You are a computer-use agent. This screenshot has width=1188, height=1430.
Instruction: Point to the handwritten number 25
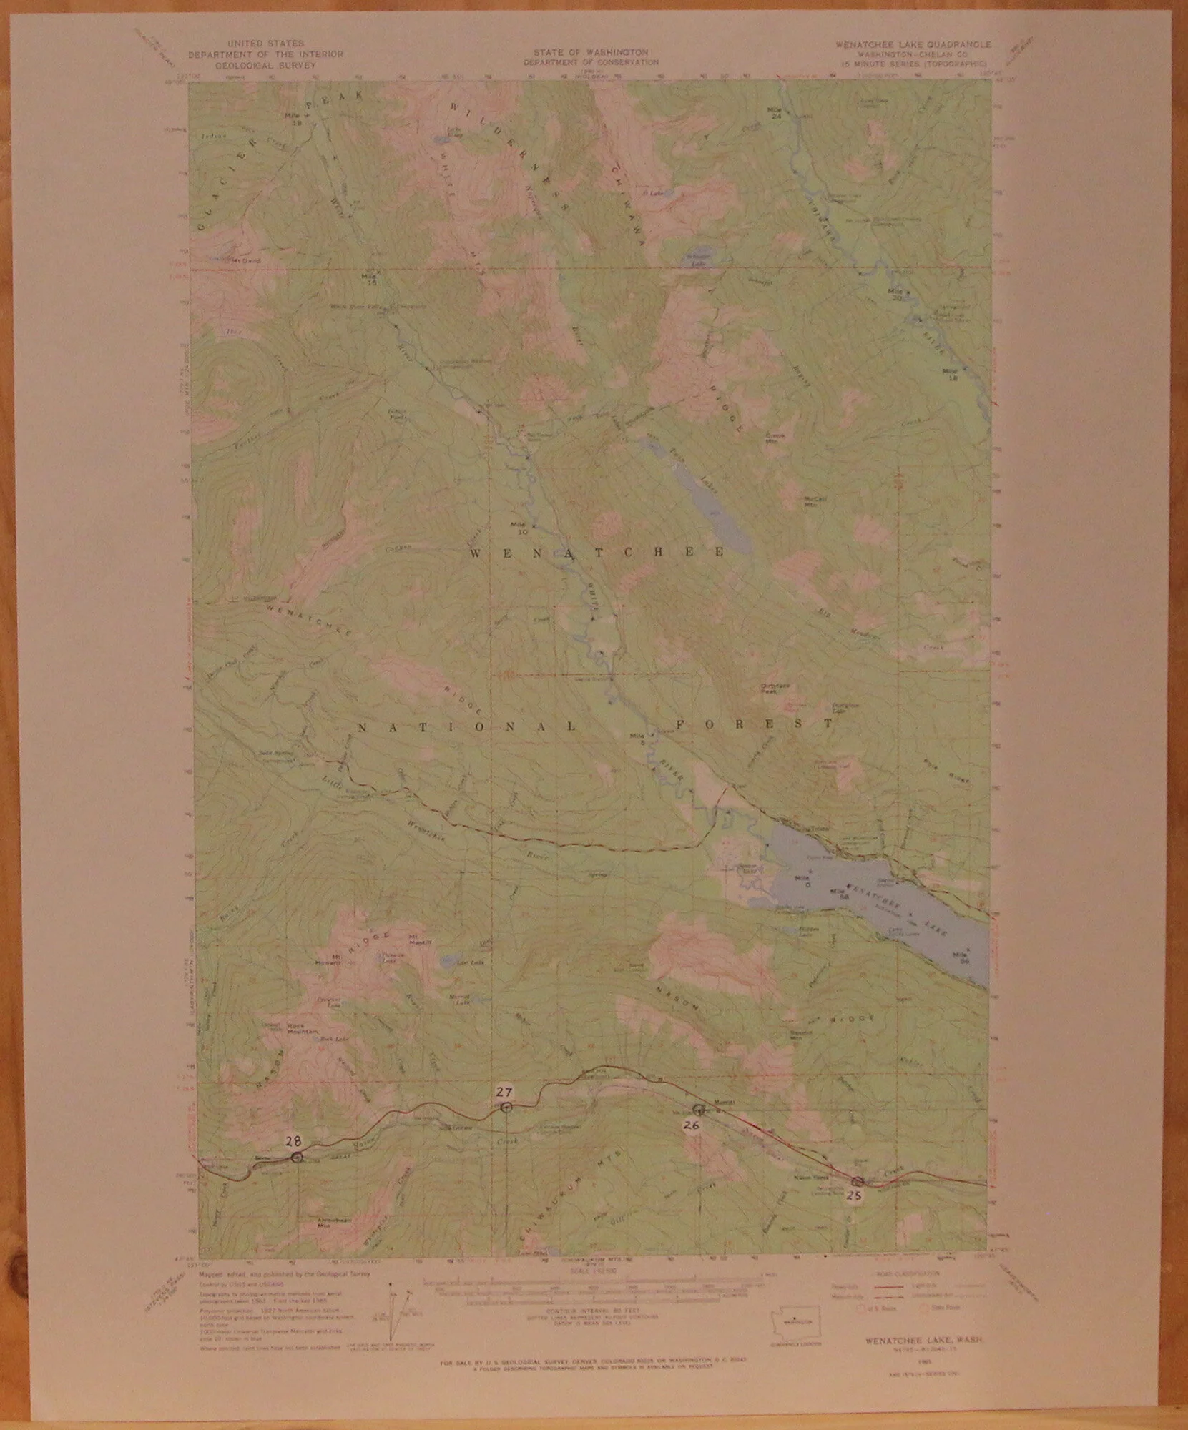(853, 1195)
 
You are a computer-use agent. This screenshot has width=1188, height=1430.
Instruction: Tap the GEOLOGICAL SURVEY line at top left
(265, 64)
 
